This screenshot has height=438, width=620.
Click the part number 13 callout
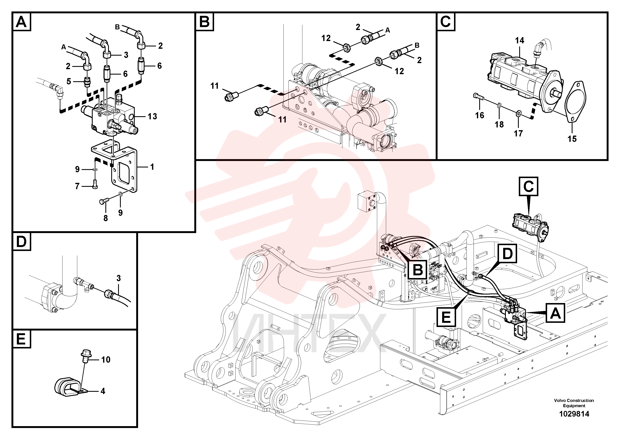point(152,116)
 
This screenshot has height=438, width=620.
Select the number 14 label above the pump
point(520,40)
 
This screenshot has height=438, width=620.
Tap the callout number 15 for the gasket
point(572,139)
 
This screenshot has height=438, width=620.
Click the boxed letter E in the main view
point(446,317)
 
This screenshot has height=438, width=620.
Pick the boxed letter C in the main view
point(528,186)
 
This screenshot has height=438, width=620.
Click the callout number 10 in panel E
point(106,360)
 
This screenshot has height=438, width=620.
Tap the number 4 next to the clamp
point(103,391)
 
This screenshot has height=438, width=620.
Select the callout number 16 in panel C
point(480,115)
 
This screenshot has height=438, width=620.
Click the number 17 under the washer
point(518,133)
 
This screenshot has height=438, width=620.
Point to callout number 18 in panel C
point(499,125)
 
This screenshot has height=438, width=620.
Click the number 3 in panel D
point(119,278)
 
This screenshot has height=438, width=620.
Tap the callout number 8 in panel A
point(106,218)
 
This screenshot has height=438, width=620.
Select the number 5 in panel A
point(69,81)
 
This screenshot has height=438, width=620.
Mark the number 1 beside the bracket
point(152,167)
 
